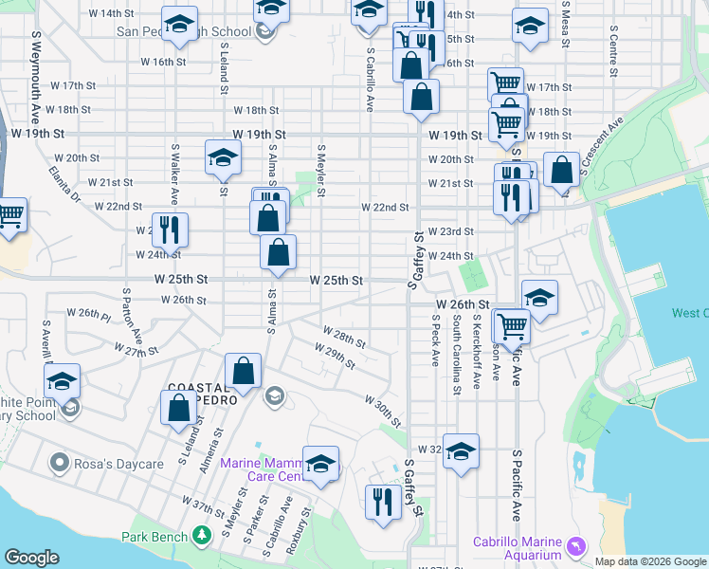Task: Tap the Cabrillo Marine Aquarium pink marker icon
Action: pyautogui.click(x=575, y=547)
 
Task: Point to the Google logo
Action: pyautogui.click(x=31, y=558)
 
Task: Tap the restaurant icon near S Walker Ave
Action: pyautogui.click(x=170, y=229)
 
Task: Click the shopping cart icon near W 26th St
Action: pyautogui.click(x=512, y=325)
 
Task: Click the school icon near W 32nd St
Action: pyautogui.click(x=461, y=450)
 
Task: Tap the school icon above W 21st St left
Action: pyautogui.click(x=223, y=157)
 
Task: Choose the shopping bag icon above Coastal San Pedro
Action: pyautogui.click(x=244, y=372)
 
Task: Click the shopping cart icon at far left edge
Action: pyautogui.click(x=10, y=216)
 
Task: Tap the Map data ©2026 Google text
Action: pyautogui.click(x=649, y=561)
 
